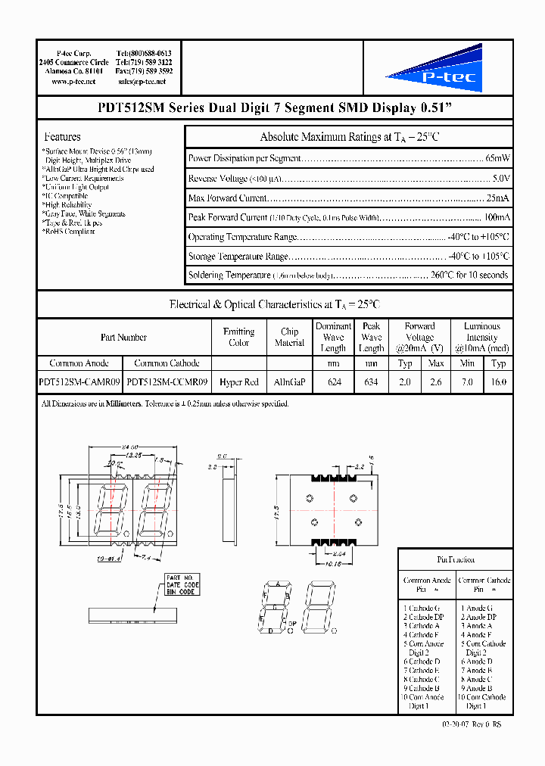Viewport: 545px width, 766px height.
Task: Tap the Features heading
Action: pyautogui.click(x=63, y=137)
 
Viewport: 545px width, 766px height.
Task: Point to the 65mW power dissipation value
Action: pyautogui.click(x=497, y=158)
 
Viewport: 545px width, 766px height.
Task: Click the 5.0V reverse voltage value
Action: pyautogui.click(x=501, y=178)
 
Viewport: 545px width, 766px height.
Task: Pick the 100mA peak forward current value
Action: pyautogui.click(x=496, y=217)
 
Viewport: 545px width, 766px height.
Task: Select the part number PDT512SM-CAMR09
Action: pyautogui.click(x=79, y=382)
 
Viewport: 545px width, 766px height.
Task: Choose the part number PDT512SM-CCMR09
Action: pyautogui.click(x=167, y=382)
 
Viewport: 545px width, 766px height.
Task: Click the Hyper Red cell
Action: pyautogui.click(x=239, y=382)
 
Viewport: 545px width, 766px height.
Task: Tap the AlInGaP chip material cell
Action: pyautogui.click(x=289, y=382)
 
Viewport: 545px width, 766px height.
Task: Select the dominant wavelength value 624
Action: pyautogui.click(x=334, y=382)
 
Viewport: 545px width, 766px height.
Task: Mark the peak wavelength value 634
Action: pyautogui.click(x=371, y=382)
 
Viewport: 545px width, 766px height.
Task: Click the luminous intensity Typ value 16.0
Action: pyautogui.click(x=498, y=382)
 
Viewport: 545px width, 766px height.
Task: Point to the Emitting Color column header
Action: pyautogui.click(x=239, y=337)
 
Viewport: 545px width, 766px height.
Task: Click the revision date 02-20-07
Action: pyautogui.click(x=456, y=724)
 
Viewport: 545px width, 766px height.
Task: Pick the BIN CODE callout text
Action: pyautogui.click(x=182, y=591)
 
